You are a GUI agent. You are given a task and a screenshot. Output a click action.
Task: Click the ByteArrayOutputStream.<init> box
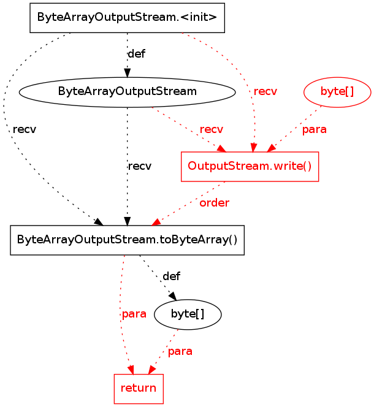click(127, 18)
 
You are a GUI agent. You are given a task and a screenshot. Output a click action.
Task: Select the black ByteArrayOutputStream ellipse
click(127, 91)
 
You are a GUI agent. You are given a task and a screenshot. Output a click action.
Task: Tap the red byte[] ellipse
click(337, 91)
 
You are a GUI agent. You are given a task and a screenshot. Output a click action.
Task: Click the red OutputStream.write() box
click(250, 166)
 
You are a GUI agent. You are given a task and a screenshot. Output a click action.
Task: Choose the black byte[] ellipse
click(188, 314)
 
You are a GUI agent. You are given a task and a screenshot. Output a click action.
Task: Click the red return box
click(139, 388)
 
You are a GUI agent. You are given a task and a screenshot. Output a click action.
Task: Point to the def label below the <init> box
click(136, 53)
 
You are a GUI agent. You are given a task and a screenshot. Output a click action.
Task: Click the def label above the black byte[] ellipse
click(171, 276)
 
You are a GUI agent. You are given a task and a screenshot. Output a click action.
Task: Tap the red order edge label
click(215, 203)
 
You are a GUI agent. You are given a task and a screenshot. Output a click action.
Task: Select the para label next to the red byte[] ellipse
click(314, 129)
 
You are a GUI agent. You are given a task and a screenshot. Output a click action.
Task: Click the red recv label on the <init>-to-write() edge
click(265, 91)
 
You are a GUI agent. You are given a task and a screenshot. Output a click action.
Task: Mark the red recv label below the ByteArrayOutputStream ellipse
click(212, 129)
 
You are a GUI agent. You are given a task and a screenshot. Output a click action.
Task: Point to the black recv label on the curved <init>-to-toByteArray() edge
click(24, 129)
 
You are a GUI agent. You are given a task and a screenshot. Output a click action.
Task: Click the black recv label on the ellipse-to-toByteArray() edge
click(139, 166)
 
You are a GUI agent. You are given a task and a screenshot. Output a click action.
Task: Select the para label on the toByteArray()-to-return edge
click(134, 314)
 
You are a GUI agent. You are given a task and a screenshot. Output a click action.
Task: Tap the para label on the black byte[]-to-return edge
click(180, 351)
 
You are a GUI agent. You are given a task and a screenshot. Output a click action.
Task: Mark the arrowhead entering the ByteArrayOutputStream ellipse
click(127, 74)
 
